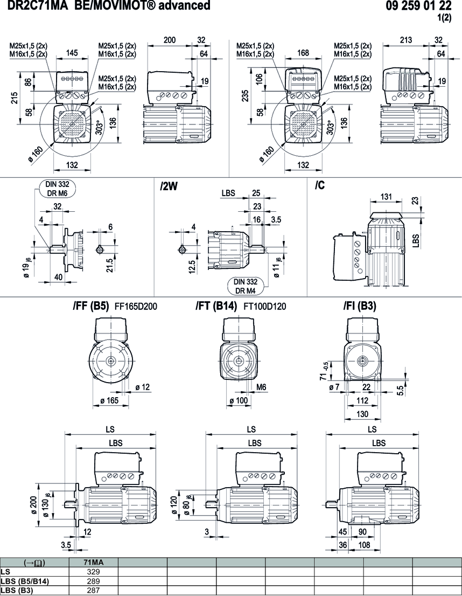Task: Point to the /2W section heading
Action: [169, 186]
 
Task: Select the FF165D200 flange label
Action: [136, 307]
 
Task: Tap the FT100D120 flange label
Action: [265, 307]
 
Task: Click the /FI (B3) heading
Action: [360, 307]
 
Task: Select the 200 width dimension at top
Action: [170, 40]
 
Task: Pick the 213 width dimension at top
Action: [406, 40]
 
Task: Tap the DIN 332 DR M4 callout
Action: [244, 285]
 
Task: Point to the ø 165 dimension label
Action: [110, 400]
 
